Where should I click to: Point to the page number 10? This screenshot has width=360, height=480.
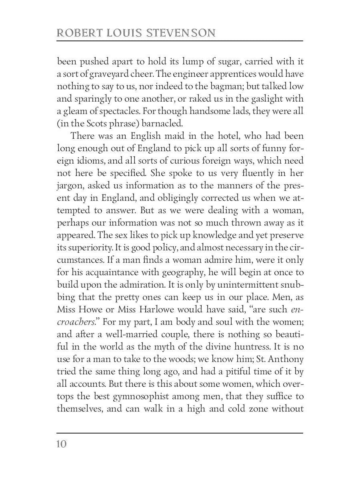click(x=62, y=444)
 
